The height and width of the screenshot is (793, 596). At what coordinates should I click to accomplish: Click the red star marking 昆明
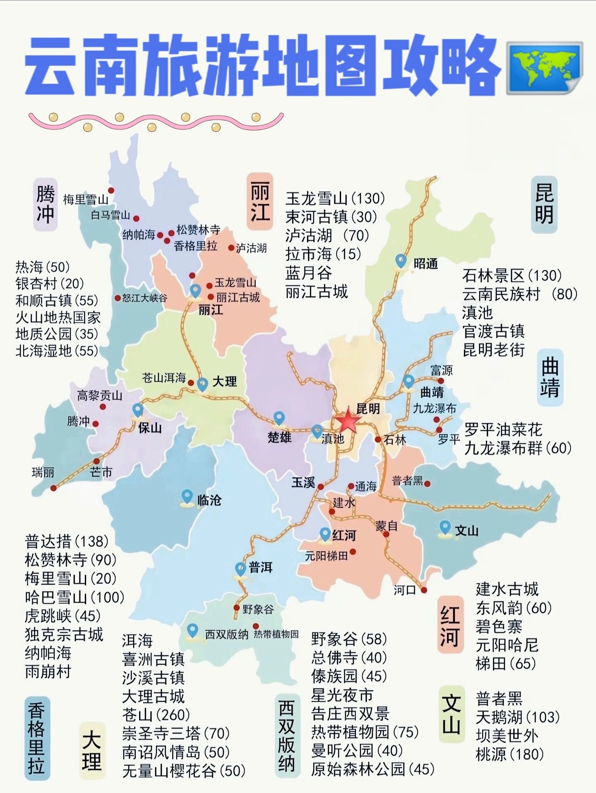point(347,421)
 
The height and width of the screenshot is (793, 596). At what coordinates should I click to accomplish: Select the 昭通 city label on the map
point(425,264)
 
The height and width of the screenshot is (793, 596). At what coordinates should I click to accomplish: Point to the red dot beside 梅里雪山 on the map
point(111,190)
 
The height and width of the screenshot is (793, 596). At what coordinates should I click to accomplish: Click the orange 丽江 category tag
point(260,202)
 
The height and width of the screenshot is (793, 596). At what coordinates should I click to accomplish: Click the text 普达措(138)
point(67,541)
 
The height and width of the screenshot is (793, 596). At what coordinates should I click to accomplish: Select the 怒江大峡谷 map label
point(144,298)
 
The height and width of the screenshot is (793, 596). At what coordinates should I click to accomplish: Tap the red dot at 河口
point(424,590)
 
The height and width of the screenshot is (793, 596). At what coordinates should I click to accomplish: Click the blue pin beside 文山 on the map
point(445,528)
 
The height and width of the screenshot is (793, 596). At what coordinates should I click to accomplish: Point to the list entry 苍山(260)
point(156,715)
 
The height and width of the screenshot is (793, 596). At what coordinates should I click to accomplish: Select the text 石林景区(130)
point(512,275)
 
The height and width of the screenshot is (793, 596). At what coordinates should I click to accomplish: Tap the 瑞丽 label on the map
point(43,472)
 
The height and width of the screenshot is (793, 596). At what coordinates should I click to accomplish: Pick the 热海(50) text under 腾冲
point(43,267)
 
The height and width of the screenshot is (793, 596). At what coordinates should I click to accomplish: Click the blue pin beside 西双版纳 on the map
point(192,631)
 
